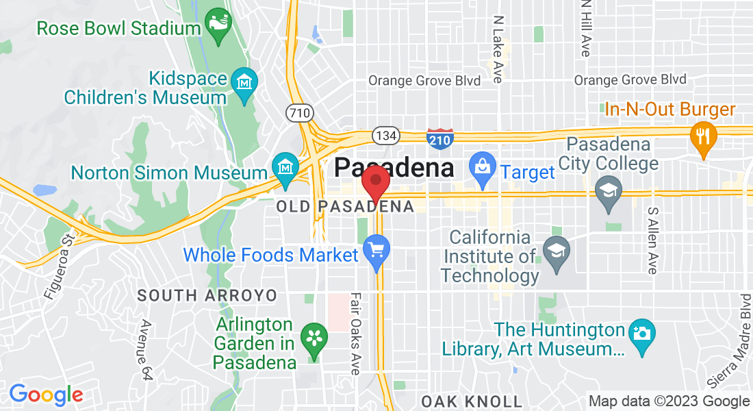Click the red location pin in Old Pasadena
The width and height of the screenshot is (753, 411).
[x=376, y=182]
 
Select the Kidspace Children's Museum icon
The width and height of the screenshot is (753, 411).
[x=244, y=84]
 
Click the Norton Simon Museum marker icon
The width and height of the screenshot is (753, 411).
[x=283, y=167]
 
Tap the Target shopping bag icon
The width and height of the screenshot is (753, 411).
[x=482, y=167]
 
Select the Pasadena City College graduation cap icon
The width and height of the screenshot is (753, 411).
[x=607, y=190]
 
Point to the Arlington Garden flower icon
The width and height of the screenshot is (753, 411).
[x=314, y=338]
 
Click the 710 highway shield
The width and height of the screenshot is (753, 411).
[x=300, y=112]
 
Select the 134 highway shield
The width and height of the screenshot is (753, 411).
[x=386, y=136]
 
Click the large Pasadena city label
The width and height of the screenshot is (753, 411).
[x=395, y=167]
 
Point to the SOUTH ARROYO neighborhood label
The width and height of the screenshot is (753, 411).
[x=207, y=296]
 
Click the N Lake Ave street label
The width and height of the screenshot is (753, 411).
[x=498, y=49]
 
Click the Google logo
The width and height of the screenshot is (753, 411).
[x=46, y=395]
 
